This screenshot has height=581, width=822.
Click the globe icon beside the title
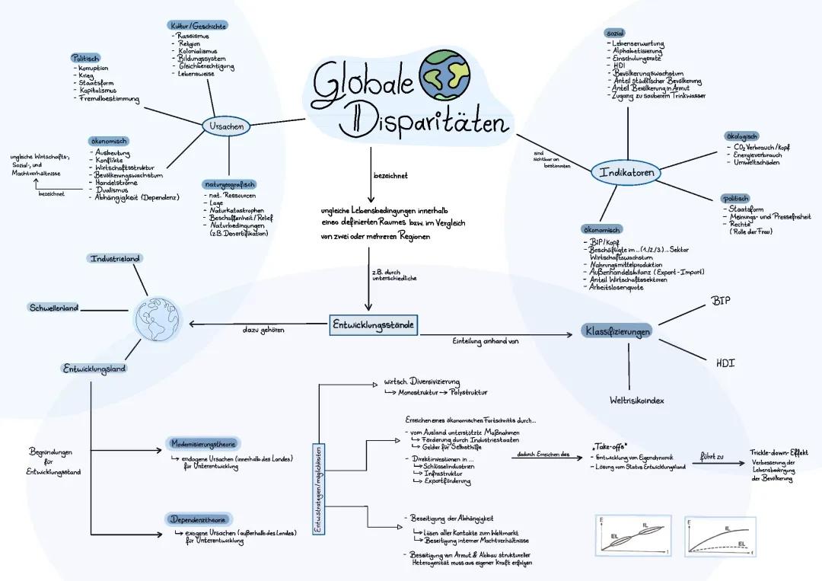[x=445, y=75]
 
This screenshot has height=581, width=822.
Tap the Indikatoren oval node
[x=626, y=173]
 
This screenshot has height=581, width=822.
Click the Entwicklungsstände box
[x=373, y=325]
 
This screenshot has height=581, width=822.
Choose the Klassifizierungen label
[x=617, y=331]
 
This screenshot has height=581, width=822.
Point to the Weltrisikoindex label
[x=638, y=400]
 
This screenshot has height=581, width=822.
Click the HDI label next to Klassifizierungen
[x=725, y=363]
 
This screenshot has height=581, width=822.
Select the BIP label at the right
[x=721, y=302]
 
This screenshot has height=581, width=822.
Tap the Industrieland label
[x=116, y=259]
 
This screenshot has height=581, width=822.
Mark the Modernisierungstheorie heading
[x=203, y=443]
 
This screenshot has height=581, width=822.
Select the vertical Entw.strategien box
[x=318, y=487]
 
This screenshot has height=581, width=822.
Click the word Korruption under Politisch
[x=93, y=69]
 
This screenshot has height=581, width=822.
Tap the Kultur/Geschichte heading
[x=198, y=26]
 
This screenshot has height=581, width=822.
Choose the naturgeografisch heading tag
[x=229, y=184]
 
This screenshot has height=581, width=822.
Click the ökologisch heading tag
[x=741, y=136]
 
